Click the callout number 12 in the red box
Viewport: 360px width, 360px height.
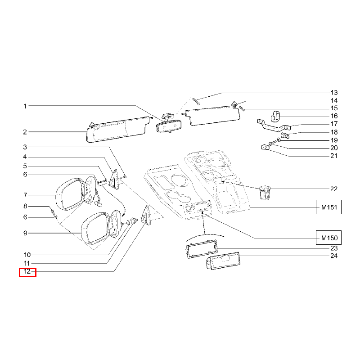coord(27,272)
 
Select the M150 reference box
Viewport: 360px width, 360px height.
coord(328,238)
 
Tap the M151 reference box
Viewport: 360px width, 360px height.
coord(328,207)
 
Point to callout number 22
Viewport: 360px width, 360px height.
coord(334,189)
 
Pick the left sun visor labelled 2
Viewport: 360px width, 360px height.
coord(116,129)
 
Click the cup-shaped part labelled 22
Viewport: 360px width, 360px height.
coord(265,193)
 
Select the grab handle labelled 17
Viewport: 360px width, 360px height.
coord(274,126)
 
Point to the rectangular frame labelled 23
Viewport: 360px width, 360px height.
coord(201,249)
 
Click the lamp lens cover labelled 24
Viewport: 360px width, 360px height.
coord(223,261)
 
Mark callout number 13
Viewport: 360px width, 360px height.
coord(334,93)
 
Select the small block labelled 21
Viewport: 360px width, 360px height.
coord(265,147)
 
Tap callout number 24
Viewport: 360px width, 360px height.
coord(334,256)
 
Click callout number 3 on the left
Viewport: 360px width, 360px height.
coord(25,147)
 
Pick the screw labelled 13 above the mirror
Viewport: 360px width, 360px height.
coord(197,101)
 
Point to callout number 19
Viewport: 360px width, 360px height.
coord(334,140)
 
